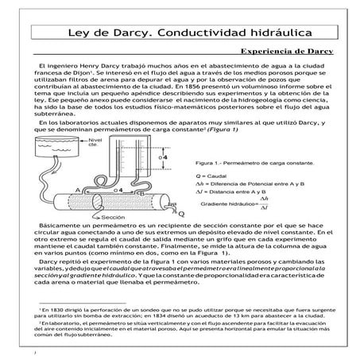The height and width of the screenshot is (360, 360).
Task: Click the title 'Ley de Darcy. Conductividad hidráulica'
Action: [x=180, y=34]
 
